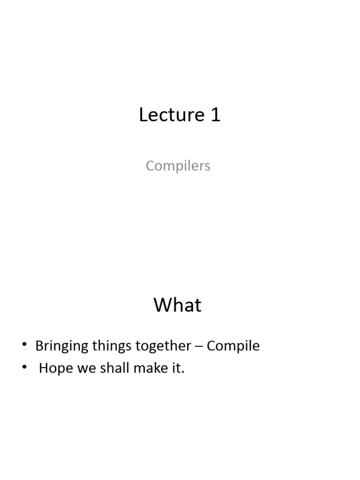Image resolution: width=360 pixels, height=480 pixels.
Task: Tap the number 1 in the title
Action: coord(215,115)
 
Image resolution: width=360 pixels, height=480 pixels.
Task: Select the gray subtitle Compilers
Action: coord(178,165)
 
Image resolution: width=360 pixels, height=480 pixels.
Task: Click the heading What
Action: coord(177,305)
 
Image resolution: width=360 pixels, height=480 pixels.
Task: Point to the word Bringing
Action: coord(62,346)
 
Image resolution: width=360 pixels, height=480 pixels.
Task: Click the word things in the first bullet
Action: coord(112,346)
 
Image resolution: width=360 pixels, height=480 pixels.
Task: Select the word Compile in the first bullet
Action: coord(233,346)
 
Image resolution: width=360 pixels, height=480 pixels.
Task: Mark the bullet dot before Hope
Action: coord(24,368)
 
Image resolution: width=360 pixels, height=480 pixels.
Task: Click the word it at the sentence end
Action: coord(177,368)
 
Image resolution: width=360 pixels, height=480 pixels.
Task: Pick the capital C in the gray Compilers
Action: coord(150,165)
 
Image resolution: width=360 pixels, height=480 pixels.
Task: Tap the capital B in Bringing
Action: coord(39,346)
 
